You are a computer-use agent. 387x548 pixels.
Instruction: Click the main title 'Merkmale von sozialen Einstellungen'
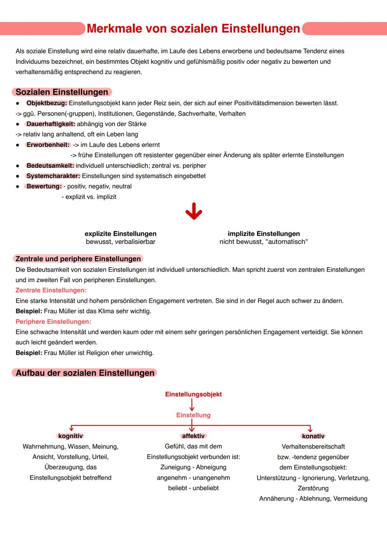point(193,29)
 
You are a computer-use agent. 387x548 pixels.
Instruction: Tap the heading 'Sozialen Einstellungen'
point(62,92)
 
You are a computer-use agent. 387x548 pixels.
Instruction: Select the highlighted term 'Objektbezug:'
point(47,103)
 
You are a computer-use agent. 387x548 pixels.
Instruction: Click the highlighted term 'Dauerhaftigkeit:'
point(51,124)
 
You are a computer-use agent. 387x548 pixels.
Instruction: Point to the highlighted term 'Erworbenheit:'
point(48,145)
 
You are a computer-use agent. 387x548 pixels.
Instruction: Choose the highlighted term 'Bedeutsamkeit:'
point(50,166)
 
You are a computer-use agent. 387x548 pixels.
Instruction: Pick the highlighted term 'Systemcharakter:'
point(53,176)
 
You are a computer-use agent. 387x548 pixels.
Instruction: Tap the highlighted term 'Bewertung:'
point(44,187)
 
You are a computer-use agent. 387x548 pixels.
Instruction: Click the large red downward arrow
point(193,211)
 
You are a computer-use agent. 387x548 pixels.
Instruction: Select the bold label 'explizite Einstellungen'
point(120,234)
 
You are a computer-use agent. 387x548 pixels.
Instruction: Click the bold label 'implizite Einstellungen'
point(264,234)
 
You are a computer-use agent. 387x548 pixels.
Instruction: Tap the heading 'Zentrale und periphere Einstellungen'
point(78,259)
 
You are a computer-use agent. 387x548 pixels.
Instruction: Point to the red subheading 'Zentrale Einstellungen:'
point(51,290)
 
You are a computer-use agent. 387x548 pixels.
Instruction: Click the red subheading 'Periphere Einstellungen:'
point(53,322)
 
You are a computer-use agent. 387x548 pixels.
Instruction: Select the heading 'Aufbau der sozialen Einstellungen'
point(85,373)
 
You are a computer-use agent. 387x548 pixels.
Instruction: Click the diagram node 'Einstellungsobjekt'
point(193,394)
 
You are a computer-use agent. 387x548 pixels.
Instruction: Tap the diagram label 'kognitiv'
point(71,436)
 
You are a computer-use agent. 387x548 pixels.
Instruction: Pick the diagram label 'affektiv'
point(193,436)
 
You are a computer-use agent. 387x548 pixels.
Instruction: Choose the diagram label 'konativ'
point(313,436)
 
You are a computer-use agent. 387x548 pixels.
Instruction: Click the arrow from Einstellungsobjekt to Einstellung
point(192,405)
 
